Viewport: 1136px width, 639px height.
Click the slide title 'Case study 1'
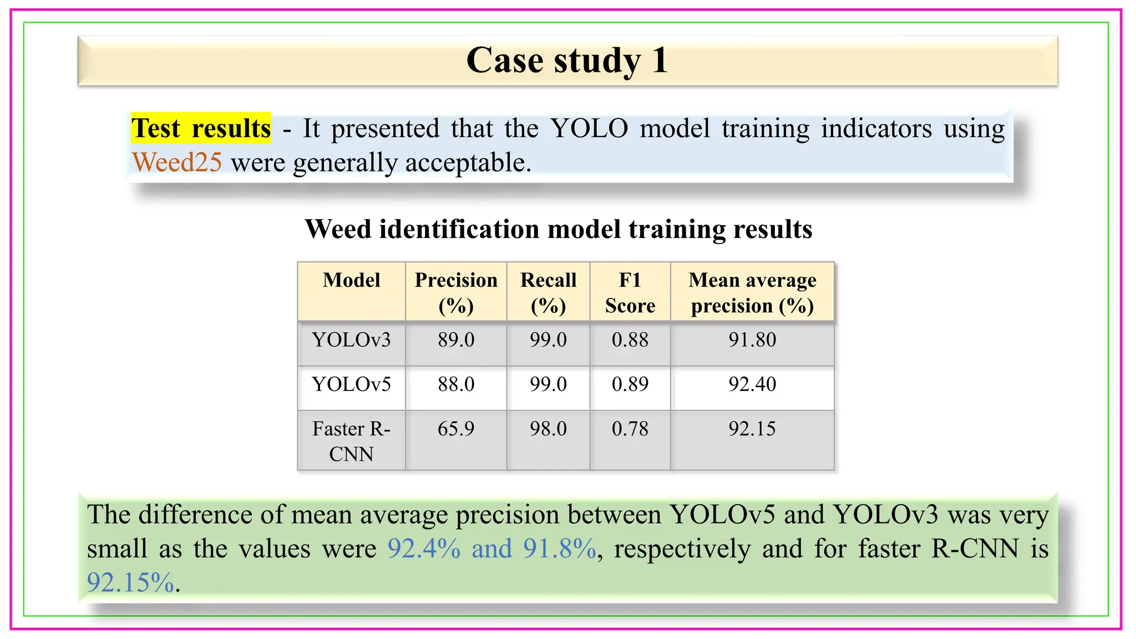tap(567, 60)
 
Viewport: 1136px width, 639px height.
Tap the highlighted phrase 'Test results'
tap(201, 128)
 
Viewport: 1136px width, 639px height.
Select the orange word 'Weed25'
tap(177, 163)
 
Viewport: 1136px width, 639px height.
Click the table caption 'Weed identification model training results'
tap(559, 229)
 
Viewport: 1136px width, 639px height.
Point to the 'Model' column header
tap(351, 281)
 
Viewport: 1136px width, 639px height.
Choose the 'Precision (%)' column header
tap(456, 292)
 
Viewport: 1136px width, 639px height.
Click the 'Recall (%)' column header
tap(548, 292)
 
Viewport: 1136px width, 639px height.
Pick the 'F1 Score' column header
tap(630, 292)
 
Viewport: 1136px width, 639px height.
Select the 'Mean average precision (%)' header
tap(752, 292)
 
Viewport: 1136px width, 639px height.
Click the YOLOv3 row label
tap(351, 339)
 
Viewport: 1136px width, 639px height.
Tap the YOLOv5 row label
tap(351, 384)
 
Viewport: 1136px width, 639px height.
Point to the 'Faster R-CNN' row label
tap(351, 441)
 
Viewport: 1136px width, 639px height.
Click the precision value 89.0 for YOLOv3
tap(456, 339)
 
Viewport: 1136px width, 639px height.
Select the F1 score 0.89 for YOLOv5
tap(630, 384)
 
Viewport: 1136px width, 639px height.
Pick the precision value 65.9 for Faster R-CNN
tap(456, 429)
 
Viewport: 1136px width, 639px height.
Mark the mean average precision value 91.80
tap(752, 339)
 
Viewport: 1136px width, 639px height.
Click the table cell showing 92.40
tap(752, 384)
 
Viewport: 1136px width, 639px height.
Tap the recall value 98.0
tap(548, 429)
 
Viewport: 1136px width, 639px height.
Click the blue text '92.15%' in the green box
tap(130, 582)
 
